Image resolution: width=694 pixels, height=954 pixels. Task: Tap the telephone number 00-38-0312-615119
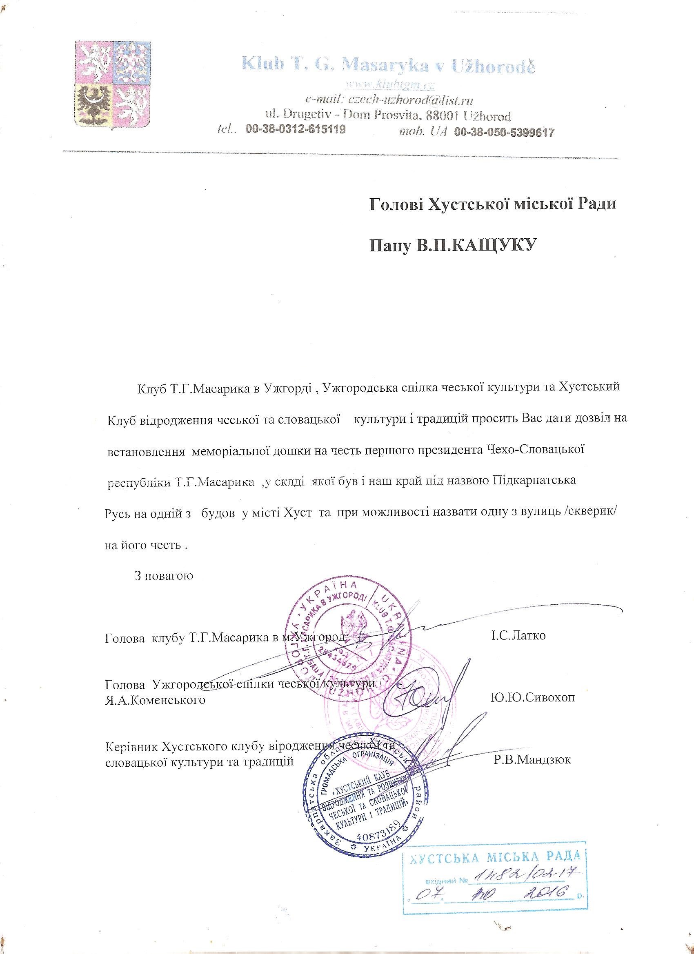click(296, 131)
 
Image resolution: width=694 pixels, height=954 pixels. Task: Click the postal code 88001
click(441, 115)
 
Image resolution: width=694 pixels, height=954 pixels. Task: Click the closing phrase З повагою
click(163, 575)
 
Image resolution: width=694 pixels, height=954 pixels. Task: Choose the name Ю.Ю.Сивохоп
click(532, 698)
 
